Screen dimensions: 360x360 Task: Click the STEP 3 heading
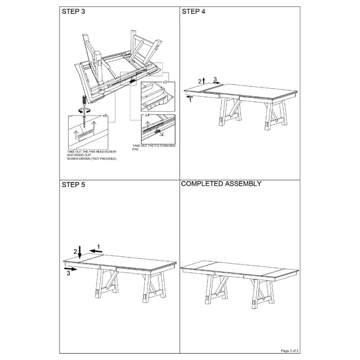point(73,12)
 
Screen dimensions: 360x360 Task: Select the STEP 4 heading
point(193,12)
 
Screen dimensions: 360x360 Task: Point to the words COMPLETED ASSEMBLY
point(221,184)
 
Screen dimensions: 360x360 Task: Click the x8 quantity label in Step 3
point(105,116)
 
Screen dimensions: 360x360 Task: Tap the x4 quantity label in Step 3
point(147,115)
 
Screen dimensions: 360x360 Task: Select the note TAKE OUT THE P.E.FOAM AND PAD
point(154,147)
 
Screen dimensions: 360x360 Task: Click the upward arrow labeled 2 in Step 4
point(206,81)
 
